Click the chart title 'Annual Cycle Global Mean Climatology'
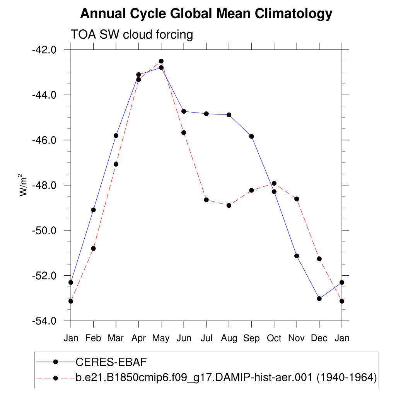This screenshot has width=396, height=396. [x=206, y=14]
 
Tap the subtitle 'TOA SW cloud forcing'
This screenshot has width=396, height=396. [x=131, y=35]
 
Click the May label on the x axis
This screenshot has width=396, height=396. [x=161, y=338]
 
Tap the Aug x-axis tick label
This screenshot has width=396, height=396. [x=229, y=338]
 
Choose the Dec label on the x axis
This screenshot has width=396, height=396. [x=319, y=338]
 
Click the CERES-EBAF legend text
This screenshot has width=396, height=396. [x=112, y=362]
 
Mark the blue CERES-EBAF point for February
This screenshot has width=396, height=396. [x=93, y=210]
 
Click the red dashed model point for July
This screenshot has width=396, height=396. [x=206, y=200]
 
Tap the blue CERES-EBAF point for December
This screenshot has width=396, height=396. [x=319, y=299]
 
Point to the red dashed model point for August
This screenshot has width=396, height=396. [x=229, y=205]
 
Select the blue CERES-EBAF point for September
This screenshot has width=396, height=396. [x=251, y=136]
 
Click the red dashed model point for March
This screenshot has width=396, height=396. [x=116, y=164]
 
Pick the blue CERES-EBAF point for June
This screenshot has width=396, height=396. [x=184, y=111]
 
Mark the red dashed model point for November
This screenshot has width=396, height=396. [x=297, y=199]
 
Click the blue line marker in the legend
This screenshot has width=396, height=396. [x=55, y=362]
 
